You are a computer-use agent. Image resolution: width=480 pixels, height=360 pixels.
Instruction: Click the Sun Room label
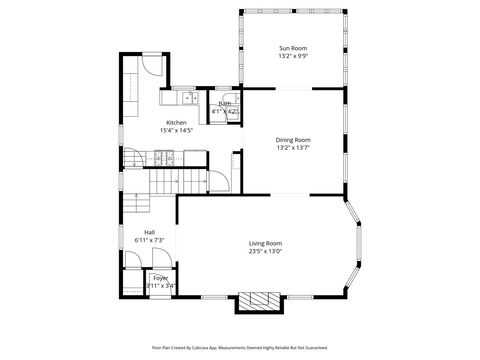pyautogui.click(x=292, y=48)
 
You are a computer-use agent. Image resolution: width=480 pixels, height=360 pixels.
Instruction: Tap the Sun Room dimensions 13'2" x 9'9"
pyautogui.click(x=292, y=56)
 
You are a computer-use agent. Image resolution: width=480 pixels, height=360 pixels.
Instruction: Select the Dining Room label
pyautogui.click(x=292, y=140)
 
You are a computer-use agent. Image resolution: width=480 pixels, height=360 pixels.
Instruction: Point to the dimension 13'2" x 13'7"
pyautogui.click(x=292, y=148)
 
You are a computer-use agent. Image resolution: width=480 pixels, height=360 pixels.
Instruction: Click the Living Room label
pyautogui.click(x=265, y=243)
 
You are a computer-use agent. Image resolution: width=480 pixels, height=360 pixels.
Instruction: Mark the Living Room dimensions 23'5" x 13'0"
pyautogui.click(x=265, y=251)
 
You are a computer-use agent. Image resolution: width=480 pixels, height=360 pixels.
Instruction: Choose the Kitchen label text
pyautogui.click(x=176, y=122)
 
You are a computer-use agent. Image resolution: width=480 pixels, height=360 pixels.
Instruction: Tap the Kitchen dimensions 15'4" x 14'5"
pyautogui.click(x=176, y=130)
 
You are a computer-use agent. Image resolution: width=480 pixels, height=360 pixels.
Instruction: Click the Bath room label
pyautogui.click(x=225, y=103)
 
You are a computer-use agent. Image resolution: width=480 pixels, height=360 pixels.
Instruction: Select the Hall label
pyautogui.click(x=149, y=232)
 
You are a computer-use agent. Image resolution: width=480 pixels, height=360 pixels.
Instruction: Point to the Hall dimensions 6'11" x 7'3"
pyautogui.click(x=149, y=240)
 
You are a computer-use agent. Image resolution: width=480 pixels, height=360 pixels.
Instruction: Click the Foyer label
pyautogui.click(x=160, y=278)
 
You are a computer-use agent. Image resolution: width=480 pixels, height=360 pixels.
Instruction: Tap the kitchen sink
pyautogui.click(x=173, y=97)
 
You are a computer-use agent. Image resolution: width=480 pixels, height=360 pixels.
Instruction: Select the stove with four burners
pyautogui.click(x=165, y=157)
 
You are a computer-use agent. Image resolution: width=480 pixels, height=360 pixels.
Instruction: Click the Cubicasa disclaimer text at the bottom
pyautogui.click(x=240, y=348)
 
